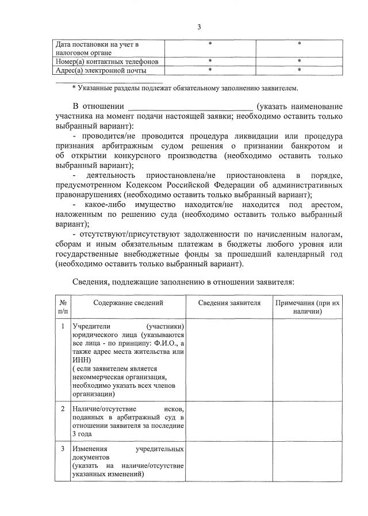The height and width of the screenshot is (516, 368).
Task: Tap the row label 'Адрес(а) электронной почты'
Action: tap(101, 70)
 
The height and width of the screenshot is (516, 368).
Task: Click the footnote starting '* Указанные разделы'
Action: tap(185, 87)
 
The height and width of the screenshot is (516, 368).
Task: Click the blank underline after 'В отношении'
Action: tap(190, 107)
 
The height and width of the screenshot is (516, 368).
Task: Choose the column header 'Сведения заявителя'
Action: tap(229, 303)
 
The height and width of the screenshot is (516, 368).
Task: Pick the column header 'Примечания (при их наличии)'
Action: tap(307, 307)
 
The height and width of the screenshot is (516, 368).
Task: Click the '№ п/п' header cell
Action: tap(62, 307)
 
